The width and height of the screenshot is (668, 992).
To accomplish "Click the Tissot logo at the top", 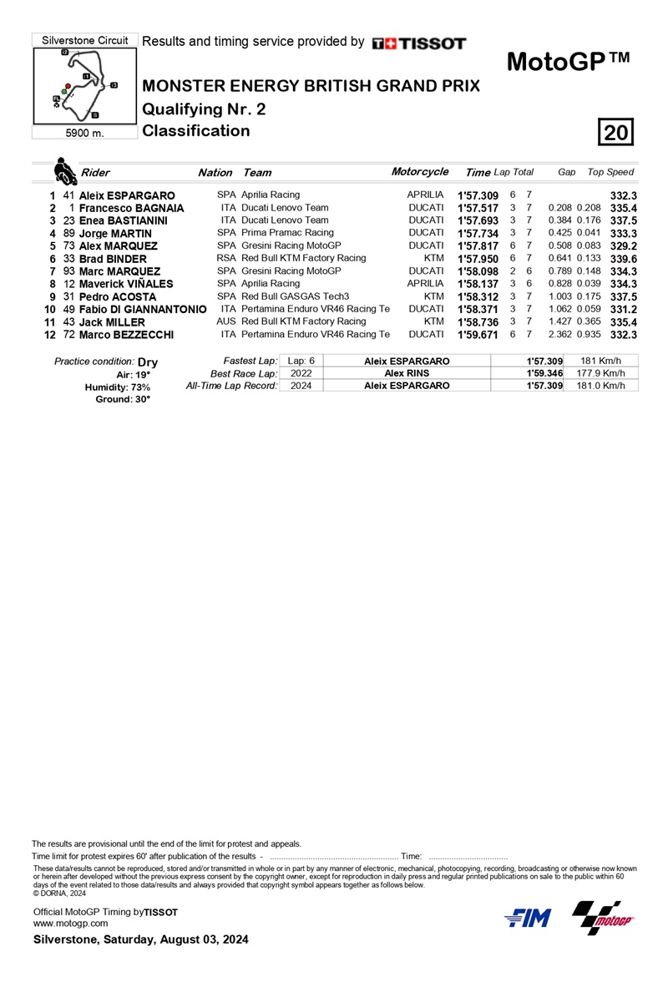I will tap(419, 43).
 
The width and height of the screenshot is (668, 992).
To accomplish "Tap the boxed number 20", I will tap(617, 133).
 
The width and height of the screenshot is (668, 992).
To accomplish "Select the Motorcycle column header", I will tap(419, 172).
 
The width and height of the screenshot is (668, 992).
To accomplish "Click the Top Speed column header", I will tap(610, 172).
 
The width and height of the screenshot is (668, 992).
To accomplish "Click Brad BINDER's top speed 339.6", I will tap(625, 259).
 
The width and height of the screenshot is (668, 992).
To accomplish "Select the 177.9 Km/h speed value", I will tap(601, 373).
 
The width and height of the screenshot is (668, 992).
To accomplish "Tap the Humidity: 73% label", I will tap(118, 387).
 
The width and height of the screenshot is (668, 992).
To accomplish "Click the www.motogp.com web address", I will tap(70, 923).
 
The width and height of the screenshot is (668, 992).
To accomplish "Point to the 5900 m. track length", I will tap(83, 133).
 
